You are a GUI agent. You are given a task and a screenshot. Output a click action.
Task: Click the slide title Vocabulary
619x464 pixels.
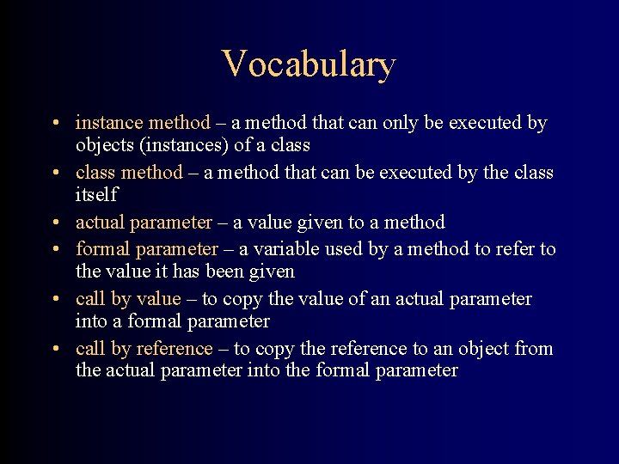point(309,64)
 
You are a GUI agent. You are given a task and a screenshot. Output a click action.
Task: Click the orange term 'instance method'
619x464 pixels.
point(143,123)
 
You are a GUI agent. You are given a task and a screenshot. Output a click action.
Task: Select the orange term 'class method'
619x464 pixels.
point(129,173)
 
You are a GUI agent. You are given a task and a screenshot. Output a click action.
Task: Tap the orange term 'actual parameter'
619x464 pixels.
point(144,223)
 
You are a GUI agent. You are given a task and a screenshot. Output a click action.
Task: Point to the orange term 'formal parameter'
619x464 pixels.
point(147,249)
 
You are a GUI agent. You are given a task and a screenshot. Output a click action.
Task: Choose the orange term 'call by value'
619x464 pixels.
point(128,299)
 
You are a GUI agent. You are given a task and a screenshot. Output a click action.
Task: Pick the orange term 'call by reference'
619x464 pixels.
point(144,349)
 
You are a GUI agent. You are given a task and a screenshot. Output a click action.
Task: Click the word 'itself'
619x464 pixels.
point(96,195)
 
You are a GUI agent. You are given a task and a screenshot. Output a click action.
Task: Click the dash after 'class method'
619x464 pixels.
point(193,174)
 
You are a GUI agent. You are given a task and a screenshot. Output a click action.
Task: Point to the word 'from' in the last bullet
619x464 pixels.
point(533,349)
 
